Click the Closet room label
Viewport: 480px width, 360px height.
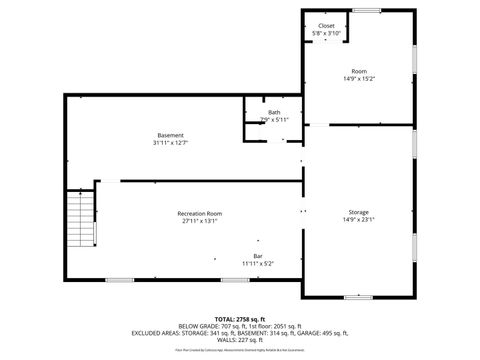tap(327, 25)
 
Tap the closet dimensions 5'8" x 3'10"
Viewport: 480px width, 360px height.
tap(327, 33)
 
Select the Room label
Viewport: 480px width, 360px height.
tap(359, 70)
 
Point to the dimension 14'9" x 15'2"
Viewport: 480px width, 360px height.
tap(359, 78)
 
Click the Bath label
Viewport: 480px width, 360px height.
tap(274, 112)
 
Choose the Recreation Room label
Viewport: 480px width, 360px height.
tap(200, 213)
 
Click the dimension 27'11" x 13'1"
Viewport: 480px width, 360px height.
tap(200, 221)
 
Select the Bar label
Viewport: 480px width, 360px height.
tap(258, 256)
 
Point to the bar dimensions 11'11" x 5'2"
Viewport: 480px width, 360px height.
tap(258, 264)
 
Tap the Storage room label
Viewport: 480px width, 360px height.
tap(359, 212)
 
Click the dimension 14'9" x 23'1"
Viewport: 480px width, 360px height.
tap(359, 220)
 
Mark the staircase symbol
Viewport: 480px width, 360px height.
tap(79, 221)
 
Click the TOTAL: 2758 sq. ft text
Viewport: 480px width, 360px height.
tap(239, 319)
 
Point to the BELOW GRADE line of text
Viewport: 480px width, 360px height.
tap(239, 326)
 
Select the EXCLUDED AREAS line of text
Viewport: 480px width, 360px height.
tap(239, 333)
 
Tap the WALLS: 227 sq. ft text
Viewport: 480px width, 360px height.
tap(239, 340)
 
